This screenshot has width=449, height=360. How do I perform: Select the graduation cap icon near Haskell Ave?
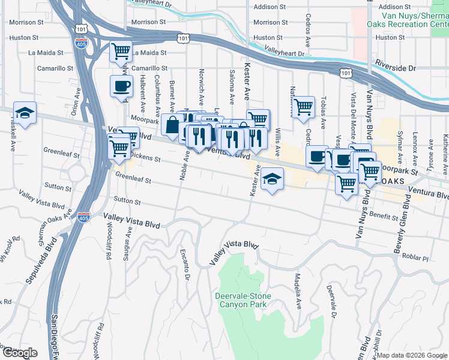(25, 113)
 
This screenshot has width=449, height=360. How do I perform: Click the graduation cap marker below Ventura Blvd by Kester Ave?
(272, 179)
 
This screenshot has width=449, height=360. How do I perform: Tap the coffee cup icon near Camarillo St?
(121, 86)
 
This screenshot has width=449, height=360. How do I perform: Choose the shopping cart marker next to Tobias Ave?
(304, 107)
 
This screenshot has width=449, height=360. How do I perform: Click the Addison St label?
(270, 7)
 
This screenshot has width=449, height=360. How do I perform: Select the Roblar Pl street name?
(416, 259)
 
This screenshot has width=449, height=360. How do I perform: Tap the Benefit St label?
(384, 215)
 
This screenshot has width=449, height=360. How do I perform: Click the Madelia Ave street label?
(297, 291)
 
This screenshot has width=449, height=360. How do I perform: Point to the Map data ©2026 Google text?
(411, 355)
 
